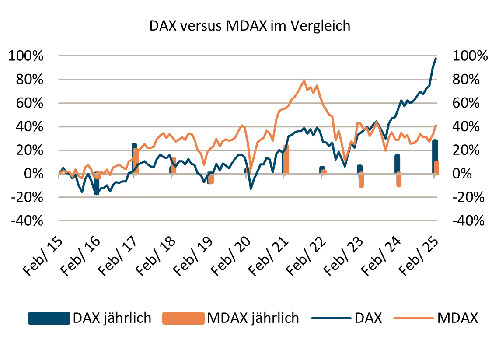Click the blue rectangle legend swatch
(x=49, y=318)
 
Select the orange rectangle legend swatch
(x=183, y=318)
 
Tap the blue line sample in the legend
(x=331, y=318)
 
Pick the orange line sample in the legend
(x=413, y=318)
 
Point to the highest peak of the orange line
(x=304, y=81)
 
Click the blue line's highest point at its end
(x=436, y=58)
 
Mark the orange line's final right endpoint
(x=436, y=126)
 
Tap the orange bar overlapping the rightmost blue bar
(x=436, y=168)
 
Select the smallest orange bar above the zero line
(x=324, y=172)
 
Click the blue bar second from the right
(x=398, y=163)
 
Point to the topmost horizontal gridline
(x=248, y=56)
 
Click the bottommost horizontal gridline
(x=248, y=221)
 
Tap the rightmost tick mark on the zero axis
(x=434, y=176)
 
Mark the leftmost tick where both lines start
(x=59, y=175)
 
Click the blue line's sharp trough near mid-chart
(x=251, y=189)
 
